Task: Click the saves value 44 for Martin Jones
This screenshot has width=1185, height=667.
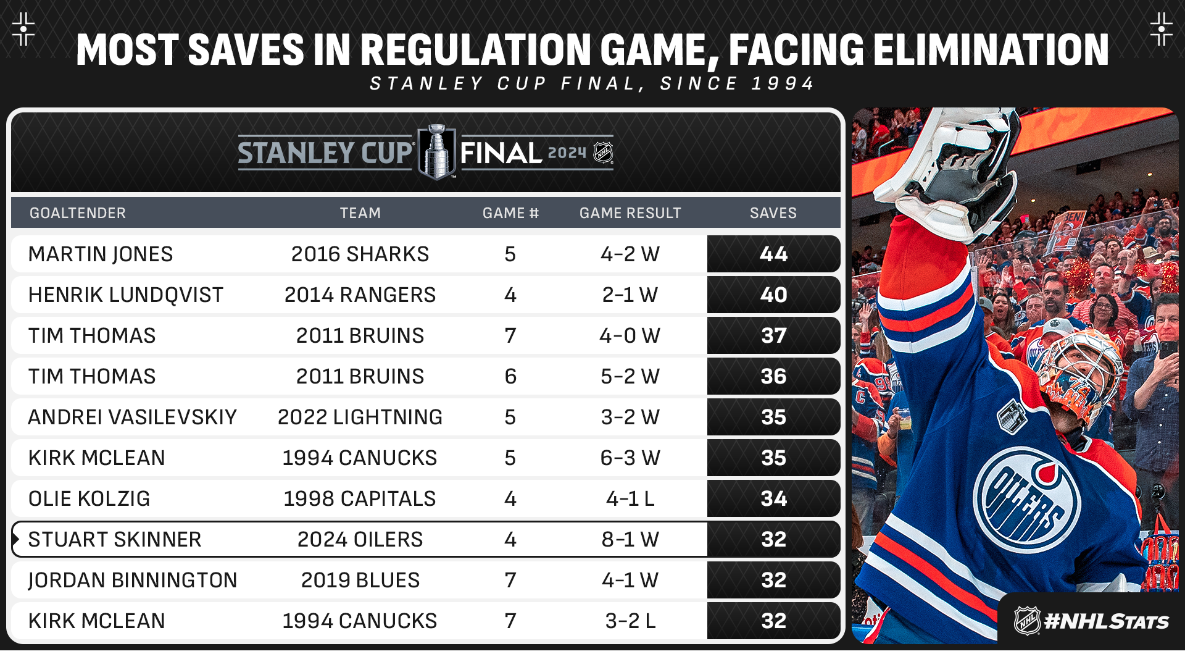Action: click(x=773, y=254)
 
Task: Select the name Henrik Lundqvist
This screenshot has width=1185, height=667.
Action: click(x=126, y=295)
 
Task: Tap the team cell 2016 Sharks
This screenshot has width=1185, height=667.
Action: click(x=360, y=254)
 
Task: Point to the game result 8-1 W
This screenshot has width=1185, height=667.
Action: click(x=630, y=539)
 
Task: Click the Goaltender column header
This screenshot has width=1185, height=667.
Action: click(x=78, y=213)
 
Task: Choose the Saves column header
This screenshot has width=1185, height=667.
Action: click(x=773, y=213)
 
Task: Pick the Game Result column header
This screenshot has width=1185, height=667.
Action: click(x=630, y=213)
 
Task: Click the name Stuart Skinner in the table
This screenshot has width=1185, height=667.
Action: click(x=115, y=539)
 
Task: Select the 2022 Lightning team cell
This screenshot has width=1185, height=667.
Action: click(x=360, y=417)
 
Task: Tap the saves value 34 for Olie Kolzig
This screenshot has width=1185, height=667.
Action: click(x=773, y=498)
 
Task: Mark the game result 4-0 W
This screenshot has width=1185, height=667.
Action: click(x=630, y=335)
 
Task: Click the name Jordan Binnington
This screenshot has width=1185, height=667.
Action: click(x=133, y=580)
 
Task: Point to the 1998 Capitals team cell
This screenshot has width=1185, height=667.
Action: click(x=360, y=498)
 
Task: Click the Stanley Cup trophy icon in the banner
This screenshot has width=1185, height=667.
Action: click(x=437, y=152)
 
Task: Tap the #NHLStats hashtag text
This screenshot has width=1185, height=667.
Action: click(x=1106, y=621)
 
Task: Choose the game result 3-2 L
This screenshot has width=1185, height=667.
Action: click(x=630, y=621)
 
